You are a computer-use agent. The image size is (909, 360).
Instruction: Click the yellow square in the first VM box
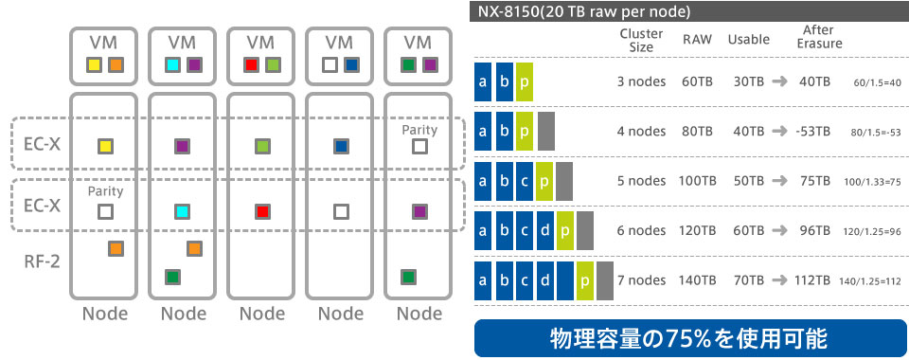pyautogui.click(x=95, y=65)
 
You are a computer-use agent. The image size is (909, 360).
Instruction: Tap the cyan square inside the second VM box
pyautogui.click(x=173, y=65)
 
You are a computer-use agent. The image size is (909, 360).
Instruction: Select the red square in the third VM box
pyautogui.click(x=252, y=65)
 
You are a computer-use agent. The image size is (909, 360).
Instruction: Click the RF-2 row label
pyautogui.click(x=42, y=259)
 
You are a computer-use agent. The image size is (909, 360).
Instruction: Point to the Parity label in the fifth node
pyautogui.click(x=419, y=129)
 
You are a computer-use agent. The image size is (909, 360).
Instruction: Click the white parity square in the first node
pyautogui.click(x=105, y=211)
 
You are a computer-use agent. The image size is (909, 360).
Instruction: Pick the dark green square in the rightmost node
pyautogui.click(x=407, y=277)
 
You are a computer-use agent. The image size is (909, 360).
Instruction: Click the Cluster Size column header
pyautogui.click(x=635, y=40)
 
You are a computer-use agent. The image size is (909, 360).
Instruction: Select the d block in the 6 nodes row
pyautogui.click(x=545, y=230)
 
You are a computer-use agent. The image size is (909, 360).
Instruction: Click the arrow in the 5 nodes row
pyautogui.click(x=778, y=180)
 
